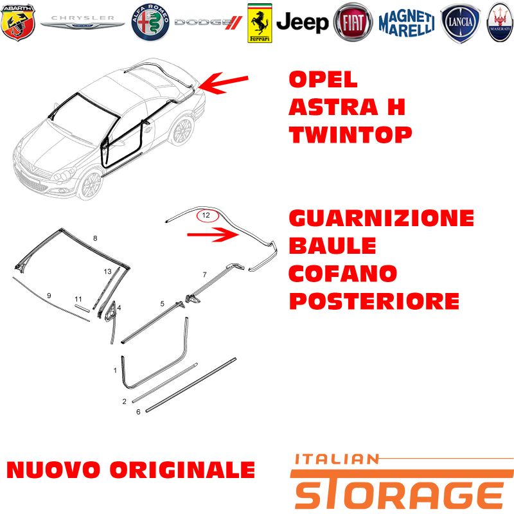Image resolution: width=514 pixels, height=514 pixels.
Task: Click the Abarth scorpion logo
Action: [x=18, y=22]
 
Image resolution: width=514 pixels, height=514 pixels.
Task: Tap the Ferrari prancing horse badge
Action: [x=260, y=23]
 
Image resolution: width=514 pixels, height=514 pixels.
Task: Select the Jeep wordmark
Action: [x=302, y=22]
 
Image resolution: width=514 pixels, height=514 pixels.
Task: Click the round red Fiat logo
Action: [x=353, y=22]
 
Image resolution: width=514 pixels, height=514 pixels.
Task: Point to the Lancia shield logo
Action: [x=460, y=23]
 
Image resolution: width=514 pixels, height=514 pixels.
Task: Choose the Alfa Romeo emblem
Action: [x=150, y=22]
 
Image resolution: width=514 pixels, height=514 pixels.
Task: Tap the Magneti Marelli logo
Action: [x=407, y=23]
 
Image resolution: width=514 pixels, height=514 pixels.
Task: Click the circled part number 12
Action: [x=207, y=215]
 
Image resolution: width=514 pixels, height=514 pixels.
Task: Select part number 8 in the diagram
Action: [x=95, y=238]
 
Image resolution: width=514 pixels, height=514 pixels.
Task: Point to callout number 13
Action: [x=107, y=271]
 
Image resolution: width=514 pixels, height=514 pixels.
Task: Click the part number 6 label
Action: [x=138, y=412]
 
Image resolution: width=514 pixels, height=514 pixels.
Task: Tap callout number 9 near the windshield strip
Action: [x=49, y=296]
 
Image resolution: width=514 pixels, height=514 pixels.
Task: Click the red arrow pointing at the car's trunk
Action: [x=223, y=83]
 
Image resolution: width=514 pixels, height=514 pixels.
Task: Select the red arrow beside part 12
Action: [x=213, y=235]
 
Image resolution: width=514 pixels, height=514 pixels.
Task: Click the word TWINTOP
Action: [x=350, y=135]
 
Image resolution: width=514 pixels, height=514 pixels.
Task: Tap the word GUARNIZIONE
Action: [x=382, y=218]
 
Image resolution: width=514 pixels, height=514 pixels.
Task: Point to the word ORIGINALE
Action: [x=182, y=470]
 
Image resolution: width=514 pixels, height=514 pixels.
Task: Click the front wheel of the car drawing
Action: [x=91, y=185]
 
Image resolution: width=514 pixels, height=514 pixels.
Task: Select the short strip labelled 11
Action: [x=82, y=308]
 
